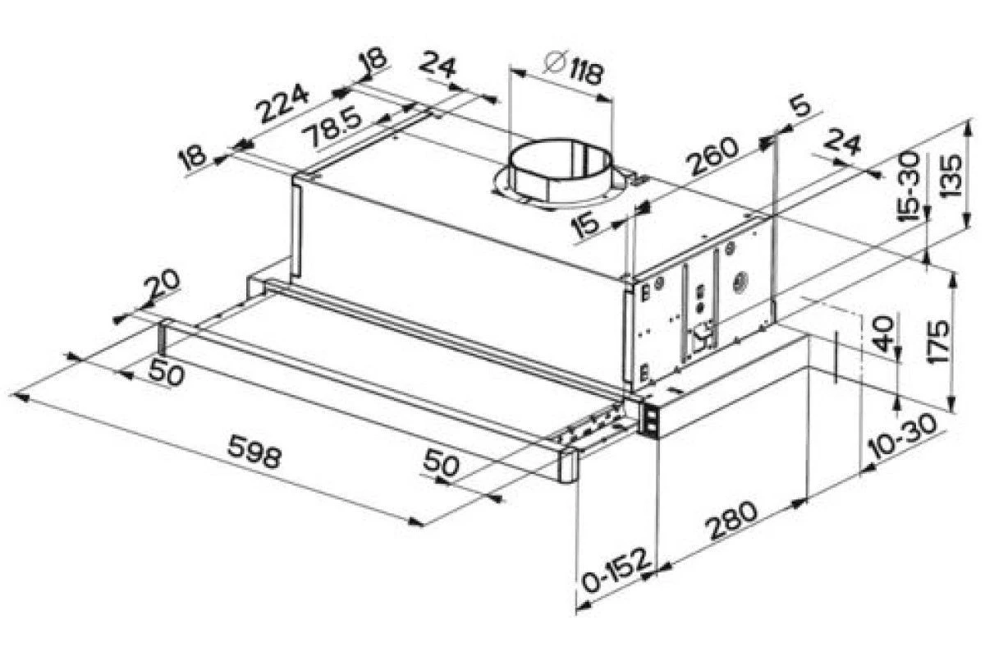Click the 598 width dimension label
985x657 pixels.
pos(254,451)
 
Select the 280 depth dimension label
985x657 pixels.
pos(731,521)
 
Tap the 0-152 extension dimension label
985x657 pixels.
pos(616,571)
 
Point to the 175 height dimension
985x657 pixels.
pos(937,342)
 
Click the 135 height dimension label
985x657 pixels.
pos(950,176)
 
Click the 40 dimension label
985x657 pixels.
pos(882,333)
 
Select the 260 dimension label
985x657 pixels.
pos(712,156)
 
